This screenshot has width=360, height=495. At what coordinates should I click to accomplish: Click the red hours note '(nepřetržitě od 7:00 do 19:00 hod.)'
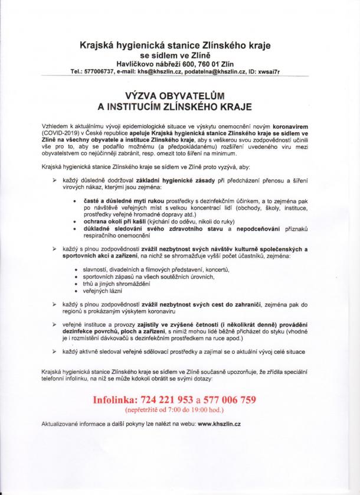tap(174, 409)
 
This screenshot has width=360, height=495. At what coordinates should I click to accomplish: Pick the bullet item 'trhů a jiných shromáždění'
tap(117, 284)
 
